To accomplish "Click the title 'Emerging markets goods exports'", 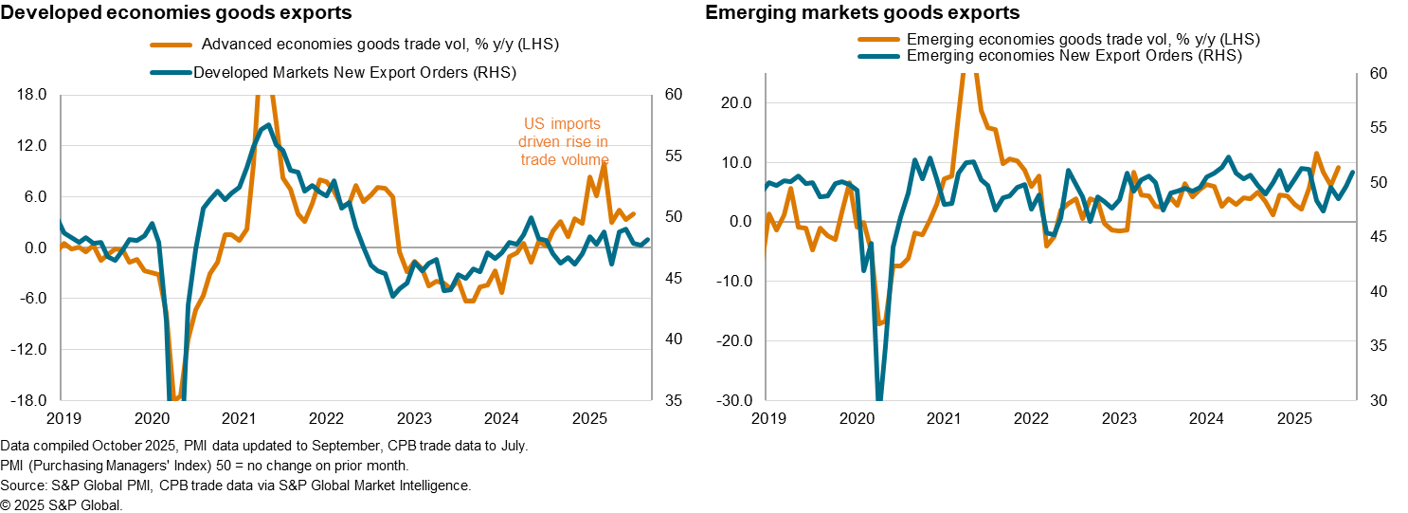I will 863,13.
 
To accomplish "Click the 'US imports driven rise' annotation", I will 563,141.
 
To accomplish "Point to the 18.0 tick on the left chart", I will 33,95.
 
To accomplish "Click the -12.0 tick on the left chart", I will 30,350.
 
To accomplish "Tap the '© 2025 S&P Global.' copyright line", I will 62,505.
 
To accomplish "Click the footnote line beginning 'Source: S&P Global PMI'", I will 235,486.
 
